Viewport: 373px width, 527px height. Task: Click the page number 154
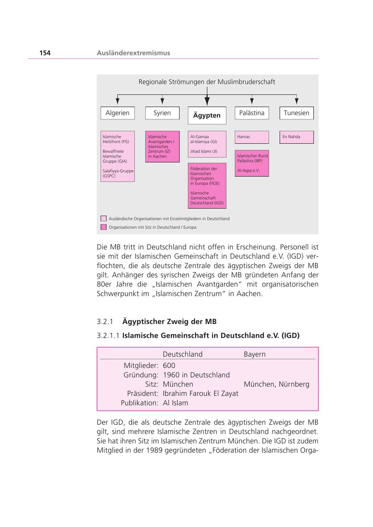[45, 53]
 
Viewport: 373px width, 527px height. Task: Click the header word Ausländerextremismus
[133, 53]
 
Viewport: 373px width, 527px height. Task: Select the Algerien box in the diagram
[117, 113]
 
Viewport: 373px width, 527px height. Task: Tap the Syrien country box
[162, 113]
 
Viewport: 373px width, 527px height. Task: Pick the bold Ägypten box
[207, 116]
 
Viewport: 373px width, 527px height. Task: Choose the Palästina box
[252, 113]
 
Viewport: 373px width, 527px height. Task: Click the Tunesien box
[296, 113]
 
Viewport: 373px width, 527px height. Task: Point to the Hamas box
[252, 137]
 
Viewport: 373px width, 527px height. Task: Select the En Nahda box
[296, 137]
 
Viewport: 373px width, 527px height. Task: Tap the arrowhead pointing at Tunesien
[296, 101]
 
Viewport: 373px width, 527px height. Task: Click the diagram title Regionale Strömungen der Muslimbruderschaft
[207, 82]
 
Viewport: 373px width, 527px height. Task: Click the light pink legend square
[104, 219]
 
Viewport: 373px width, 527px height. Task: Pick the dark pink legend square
[104, 227]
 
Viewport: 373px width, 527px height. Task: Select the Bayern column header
[254, 354]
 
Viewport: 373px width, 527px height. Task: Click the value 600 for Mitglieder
[169, 366]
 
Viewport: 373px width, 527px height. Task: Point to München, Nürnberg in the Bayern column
[276, 384]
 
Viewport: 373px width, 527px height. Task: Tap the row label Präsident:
[143, 394]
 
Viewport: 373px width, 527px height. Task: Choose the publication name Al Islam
[175, 403]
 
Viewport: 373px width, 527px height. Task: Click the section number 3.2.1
[105, 322]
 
